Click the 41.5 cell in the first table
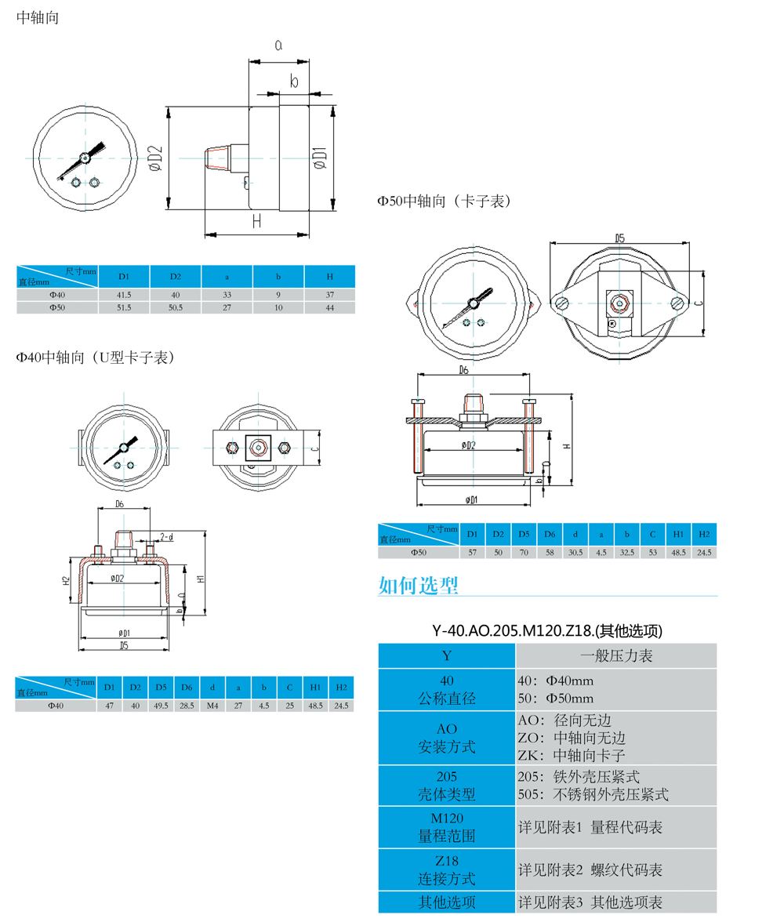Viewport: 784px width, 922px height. [x=124, y=294]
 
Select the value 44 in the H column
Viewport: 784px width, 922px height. [x=330, y=308]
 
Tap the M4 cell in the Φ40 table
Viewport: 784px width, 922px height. [x=212, y=705]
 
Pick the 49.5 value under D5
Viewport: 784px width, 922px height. [x=161, y=705]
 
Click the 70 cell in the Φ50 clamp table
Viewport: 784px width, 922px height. [x=523, y=552]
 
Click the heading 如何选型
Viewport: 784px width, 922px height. [x=418, y=585]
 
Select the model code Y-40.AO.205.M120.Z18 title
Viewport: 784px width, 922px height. [x=547, y=630]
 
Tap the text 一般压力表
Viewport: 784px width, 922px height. [x=616, y=655]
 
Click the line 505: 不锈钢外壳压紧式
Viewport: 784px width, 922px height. [x=593, y=794]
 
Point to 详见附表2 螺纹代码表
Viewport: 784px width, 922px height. [x=590, y=869]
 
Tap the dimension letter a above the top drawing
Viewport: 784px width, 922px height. [x=278, y=45]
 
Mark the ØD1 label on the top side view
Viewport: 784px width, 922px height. [x=319, y=158]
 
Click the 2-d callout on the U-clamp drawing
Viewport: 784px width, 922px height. [x=167, y=536]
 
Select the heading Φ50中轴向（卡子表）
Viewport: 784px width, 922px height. [x=444, y=201]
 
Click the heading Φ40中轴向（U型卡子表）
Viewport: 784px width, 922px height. [x=95, y=358]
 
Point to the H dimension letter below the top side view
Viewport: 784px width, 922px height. [x=256, y=221]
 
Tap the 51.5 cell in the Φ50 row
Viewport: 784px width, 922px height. [x=124, y=308]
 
